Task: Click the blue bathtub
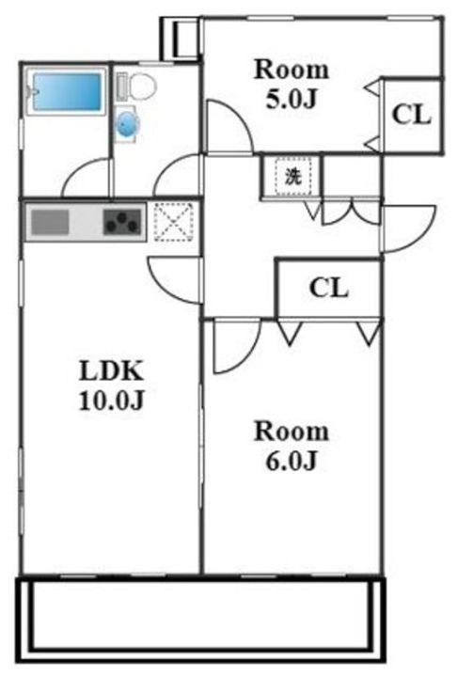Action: pyautogui.click(x=67, y=91)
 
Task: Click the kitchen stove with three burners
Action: pyautogui.click(x=123, y=222)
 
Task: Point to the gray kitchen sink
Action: pyautogui.click(x=50, y=222)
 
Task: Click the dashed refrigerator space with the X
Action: pyautogui.click(x=174, y=222)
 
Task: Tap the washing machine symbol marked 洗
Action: pyautogui.click(x=292, y=176)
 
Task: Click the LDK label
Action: pyautogui.click(x=111, y=370)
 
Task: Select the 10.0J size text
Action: pyautogui.click(x=111, y=401)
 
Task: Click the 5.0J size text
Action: pyautogui.click(x=292, y=100)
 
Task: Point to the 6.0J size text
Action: pyautogui.click(x=292, y=461)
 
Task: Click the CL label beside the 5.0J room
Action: pyautogui.click(x=412, y=115)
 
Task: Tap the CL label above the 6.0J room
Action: pyautogui.click(x=329, y=288)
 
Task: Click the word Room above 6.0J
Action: pyautogui.click(x=292, y=431)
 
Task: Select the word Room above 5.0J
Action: pyautogui.click(x=292, y=69)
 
